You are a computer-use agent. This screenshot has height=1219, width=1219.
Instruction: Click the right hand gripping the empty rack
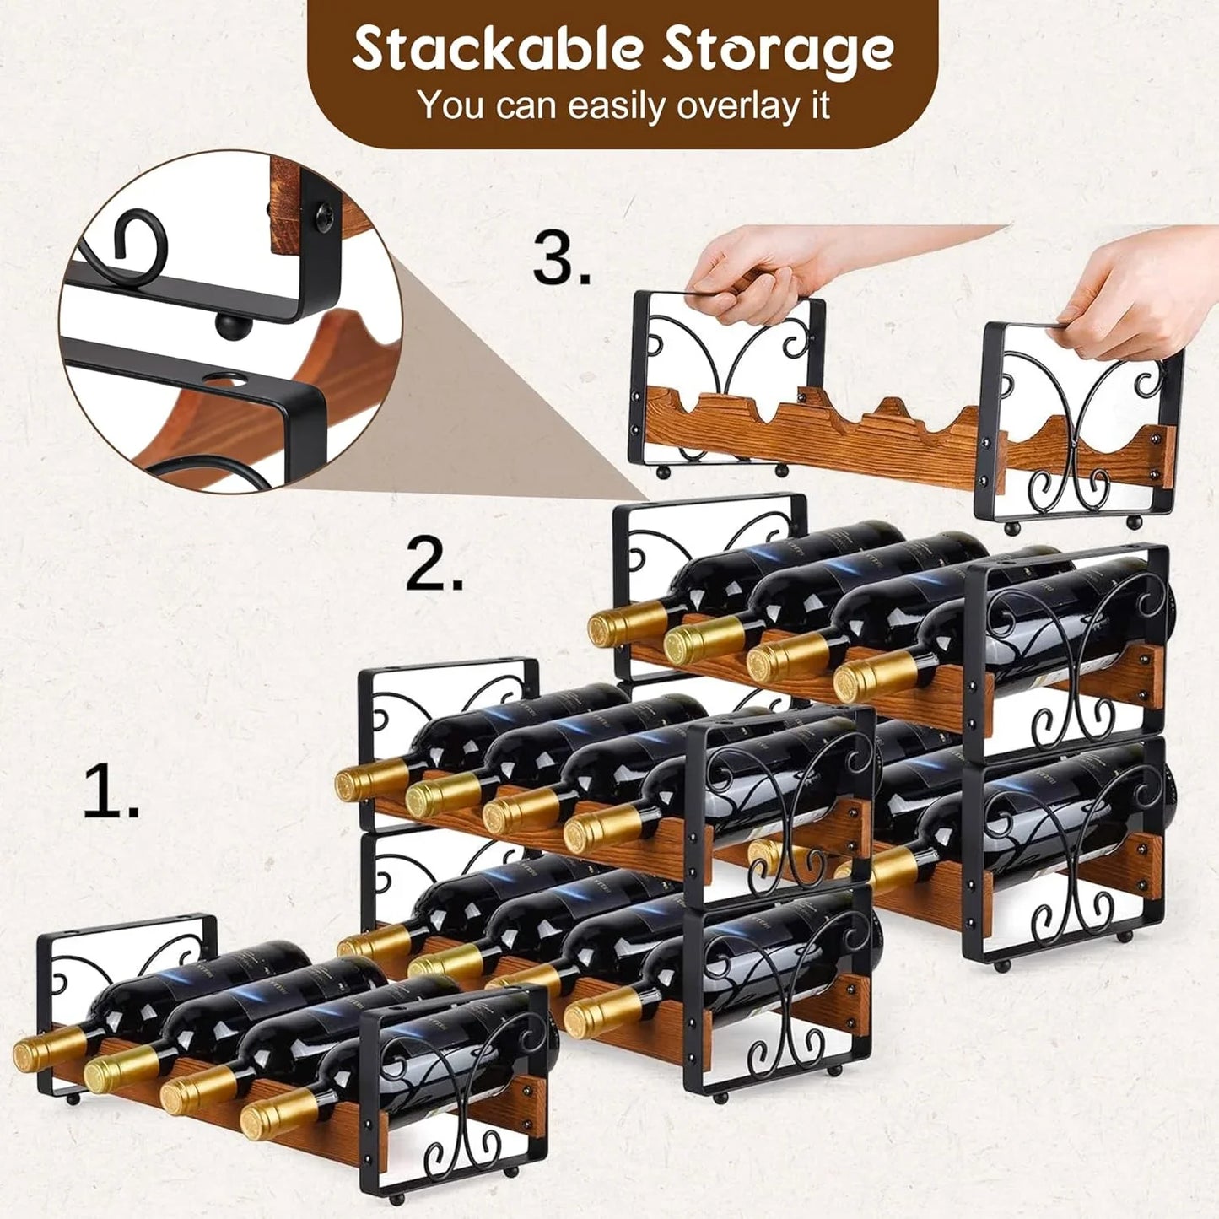(1147, 291)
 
